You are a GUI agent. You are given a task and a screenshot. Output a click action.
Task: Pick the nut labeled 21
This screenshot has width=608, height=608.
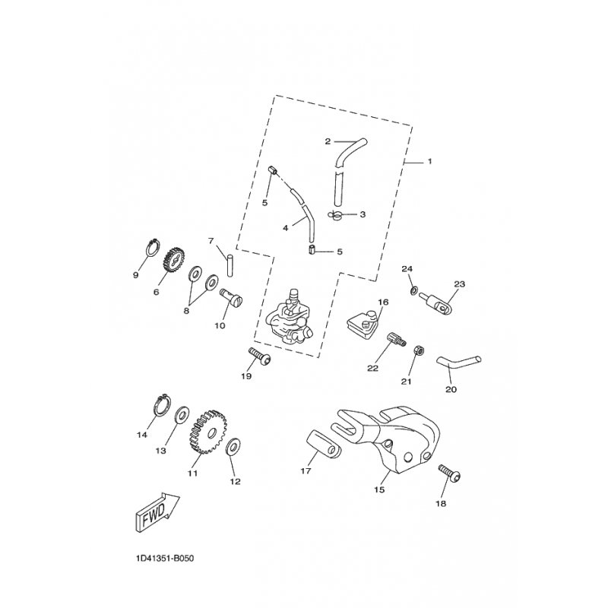click(417, 351)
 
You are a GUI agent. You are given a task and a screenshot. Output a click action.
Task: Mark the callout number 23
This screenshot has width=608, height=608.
click(458, 283)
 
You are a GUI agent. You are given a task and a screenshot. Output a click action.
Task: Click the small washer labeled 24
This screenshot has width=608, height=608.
click(413, 292)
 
